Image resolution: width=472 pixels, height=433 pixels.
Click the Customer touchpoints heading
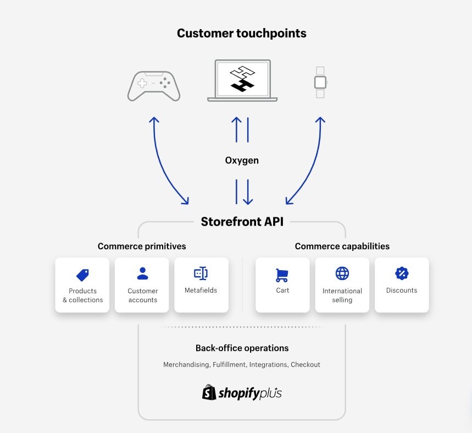[241, 34]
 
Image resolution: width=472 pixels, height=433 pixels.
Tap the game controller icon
[154, 86]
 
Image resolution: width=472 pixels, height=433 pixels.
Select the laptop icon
[242, 80]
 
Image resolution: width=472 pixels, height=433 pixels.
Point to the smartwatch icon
[320, 83]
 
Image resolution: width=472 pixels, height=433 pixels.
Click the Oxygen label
[242, 161]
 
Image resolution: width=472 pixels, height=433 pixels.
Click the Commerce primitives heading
[142, 246]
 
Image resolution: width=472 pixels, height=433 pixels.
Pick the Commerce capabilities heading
[342, 246]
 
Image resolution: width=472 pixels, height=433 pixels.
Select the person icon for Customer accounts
[142, 273]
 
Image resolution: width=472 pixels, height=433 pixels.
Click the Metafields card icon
[201, 273]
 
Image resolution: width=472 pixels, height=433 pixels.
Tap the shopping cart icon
[282, 275]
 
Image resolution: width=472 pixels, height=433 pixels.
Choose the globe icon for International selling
[342, 273]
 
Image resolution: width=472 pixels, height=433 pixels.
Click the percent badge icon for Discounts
[402, 273]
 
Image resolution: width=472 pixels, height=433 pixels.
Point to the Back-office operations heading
[242, 348]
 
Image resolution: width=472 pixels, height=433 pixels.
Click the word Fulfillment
[229, 364]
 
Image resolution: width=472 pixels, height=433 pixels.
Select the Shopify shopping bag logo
[209, 392]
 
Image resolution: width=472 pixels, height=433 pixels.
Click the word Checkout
[306, 364]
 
